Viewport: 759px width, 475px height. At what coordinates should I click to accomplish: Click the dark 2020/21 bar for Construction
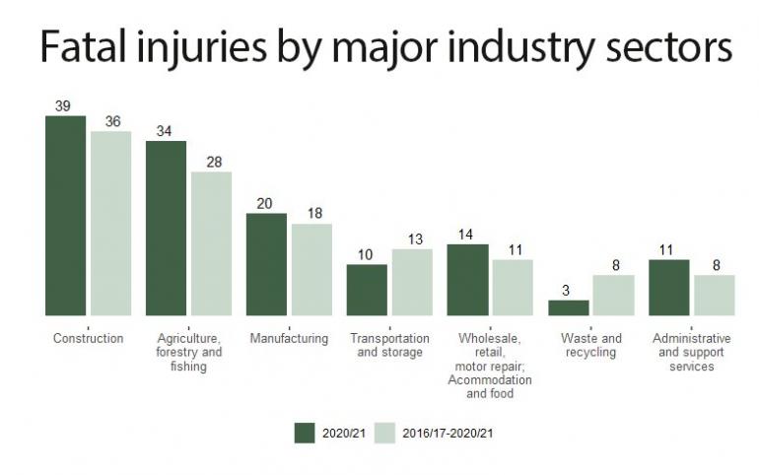coord(65,216)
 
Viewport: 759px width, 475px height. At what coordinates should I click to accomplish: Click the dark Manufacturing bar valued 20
coord(266,264)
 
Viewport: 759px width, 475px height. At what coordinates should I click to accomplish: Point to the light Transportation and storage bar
coord(412,282)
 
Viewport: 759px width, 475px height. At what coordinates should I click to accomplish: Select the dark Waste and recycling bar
coord(568,307)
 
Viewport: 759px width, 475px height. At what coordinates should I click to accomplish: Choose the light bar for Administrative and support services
coord(714,295)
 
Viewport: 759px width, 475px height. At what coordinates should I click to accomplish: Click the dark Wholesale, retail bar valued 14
coord(467,280)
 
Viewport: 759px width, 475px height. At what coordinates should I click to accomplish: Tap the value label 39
coord(63,106)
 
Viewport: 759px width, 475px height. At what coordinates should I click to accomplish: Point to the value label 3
coord(567,290)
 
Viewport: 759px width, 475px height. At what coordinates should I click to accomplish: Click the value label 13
coord(412,238)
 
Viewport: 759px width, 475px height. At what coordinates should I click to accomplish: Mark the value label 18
coord(312,214)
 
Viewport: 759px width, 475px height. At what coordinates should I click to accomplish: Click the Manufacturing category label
coord(288,339)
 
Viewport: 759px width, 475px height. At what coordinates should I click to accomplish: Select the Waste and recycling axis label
coord(590,346)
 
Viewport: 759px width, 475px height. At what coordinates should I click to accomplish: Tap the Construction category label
coord(88,339)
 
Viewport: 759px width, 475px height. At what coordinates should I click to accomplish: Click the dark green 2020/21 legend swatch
coord(304,432)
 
